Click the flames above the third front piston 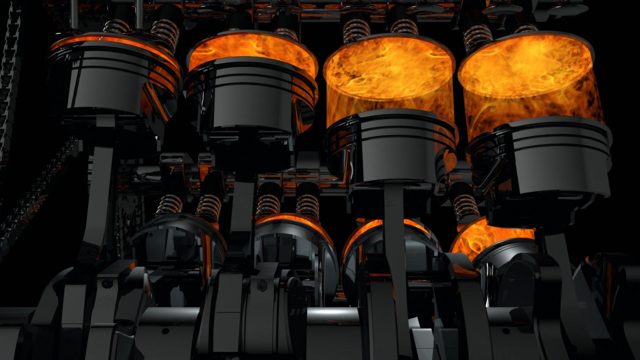tap(390, 75)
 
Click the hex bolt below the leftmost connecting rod tap(107, 284)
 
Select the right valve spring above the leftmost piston tap(164, 32)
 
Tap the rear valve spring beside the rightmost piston tap(465, 205)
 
